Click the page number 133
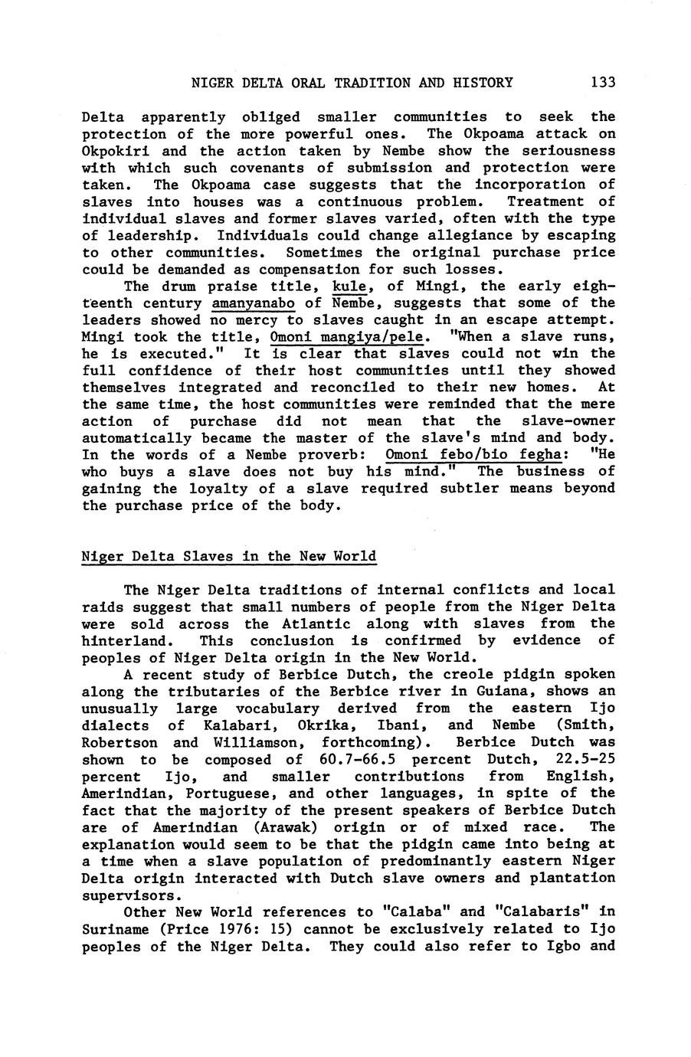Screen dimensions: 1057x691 [x=602, y=82]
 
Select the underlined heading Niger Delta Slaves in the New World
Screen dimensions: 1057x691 [x=228, y=556]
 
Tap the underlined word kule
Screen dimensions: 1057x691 [x=352, y=286]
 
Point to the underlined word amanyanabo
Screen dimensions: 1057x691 [x=253, y=303]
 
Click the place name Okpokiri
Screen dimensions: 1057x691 [x=113, y=150]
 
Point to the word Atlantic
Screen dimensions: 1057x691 [x=317, y=623]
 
